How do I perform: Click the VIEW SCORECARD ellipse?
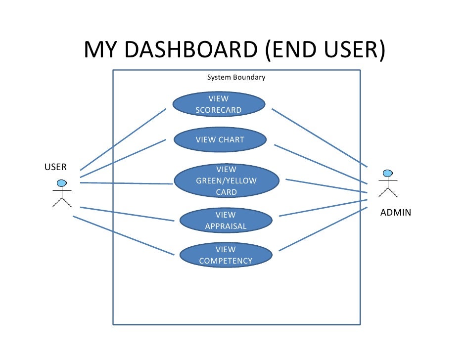click(x=219, y=104)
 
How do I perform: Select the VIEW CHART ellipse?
click(x=220, y=139)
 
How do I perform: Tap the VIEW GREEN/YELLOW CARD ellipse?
click(x=227, y=180)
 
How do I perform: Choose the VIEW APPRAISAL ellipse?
click(x=226, y=221)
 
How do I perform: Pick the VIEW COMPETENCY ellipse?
click(x=226, y=255)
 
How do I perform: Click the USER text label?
click(x=55, y=167)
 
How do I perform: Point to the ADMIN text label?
click(x=396, y=213)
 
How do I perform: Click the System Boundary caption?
click(x=236, y=78)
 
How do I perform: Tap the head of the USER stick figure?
click(x=62, y=183)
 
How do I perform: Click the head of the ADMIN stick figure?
click(x=387, y=173)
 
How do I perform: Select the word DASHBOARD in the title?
click(x=191, y=49)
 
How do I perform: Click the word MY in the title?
click(x=100, y=49)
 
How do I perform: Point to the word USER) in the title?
click(x=355, y=50)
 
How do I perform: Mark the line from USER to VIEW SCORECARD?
click(x=123, y=139)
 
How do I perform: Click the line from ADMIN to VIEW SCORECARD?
click(x=320, y=138)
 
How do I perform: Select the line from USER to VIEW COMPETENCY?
click(x=124, y=235)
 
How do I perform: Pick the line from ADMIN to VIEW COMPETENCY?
click(x=324, y=229)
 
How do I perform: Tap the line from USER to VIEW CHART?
click(x=123, y=159)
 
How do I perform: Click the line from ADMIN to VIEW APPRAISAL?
click(x=324, y=208)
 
